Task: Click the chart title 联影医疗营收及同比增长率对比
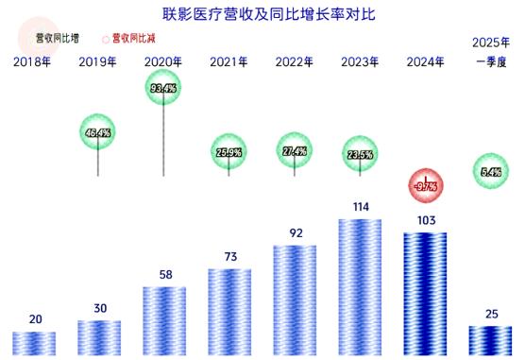coord(262,13)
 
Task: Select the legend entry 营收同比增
coord(57,39)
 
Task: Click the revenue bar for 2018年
coord(35,343)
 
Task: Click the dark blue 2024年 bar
coord(425,295)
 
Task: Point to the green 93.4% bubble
coord(165,89)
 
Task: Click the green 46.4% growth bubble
coord(99,133)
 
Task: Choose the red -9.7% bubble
coord(425,186)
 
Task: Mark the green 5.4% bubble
coord(490,172)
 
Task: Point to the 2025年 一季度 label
coord(490,53)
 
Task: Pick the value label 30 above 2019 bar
coord(99,307)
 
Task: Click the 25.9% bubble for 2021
coord(230,152)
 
